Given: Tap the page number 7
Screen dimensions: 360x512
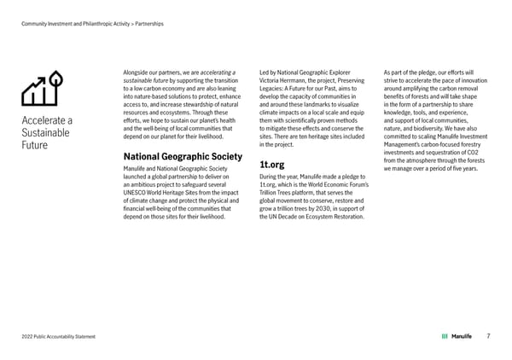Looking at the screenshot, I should (487, 336).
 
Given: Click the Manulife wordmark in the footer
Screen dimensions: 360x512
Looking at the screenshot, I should (462, 336).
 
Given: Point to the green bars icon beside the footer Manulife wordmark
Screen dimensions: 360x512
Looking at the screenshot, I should (445, 336).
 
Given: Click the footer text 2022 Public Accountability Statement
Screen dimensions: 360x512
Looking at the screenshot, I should (58, 337).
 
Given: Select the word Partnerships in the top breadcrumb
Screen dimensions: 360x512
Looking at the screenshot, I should (149, 23).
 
